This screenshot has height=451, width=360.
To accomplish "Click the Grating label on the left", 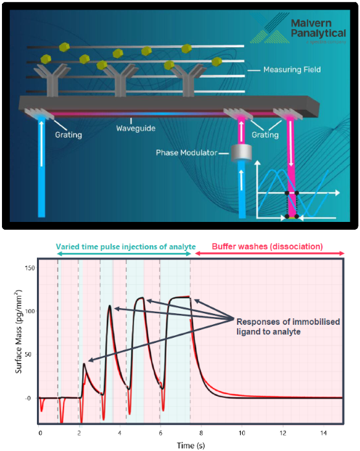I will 67,137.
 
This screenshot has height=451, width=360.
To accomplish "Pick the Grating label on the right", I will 264,136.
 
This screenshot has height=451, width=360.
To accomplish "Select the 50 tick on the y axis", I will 28,354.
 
